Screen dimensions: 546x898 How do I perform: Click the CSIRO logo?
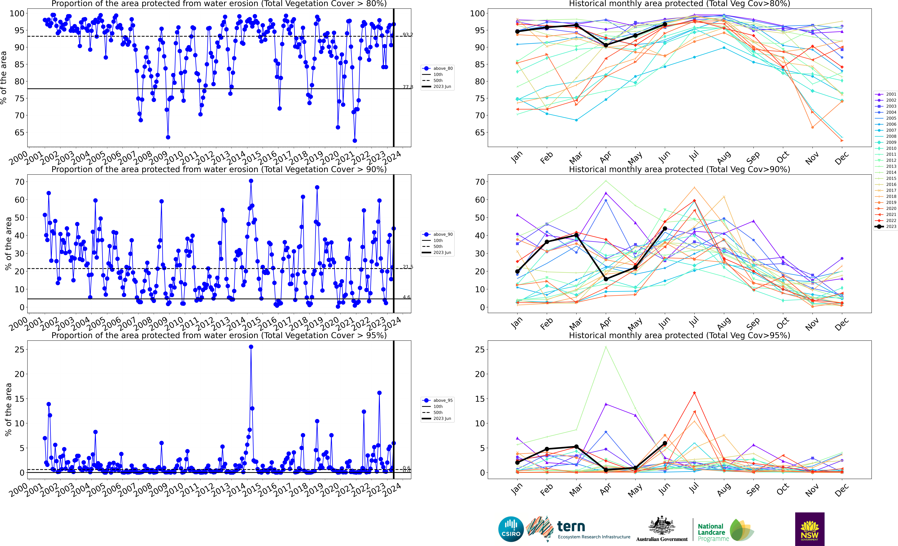coord(511,529)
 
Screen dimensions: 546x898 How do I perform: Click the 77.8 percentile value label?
coord(408,87)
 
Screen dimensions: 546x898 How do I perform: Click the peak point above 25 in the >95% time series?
coord(251,347)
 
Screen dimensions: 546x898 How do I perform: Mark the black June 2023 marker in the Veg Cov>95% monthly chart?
coord(665,443)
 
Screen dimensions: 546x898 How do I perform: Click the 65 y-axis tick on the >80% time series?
coord(19,132)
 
